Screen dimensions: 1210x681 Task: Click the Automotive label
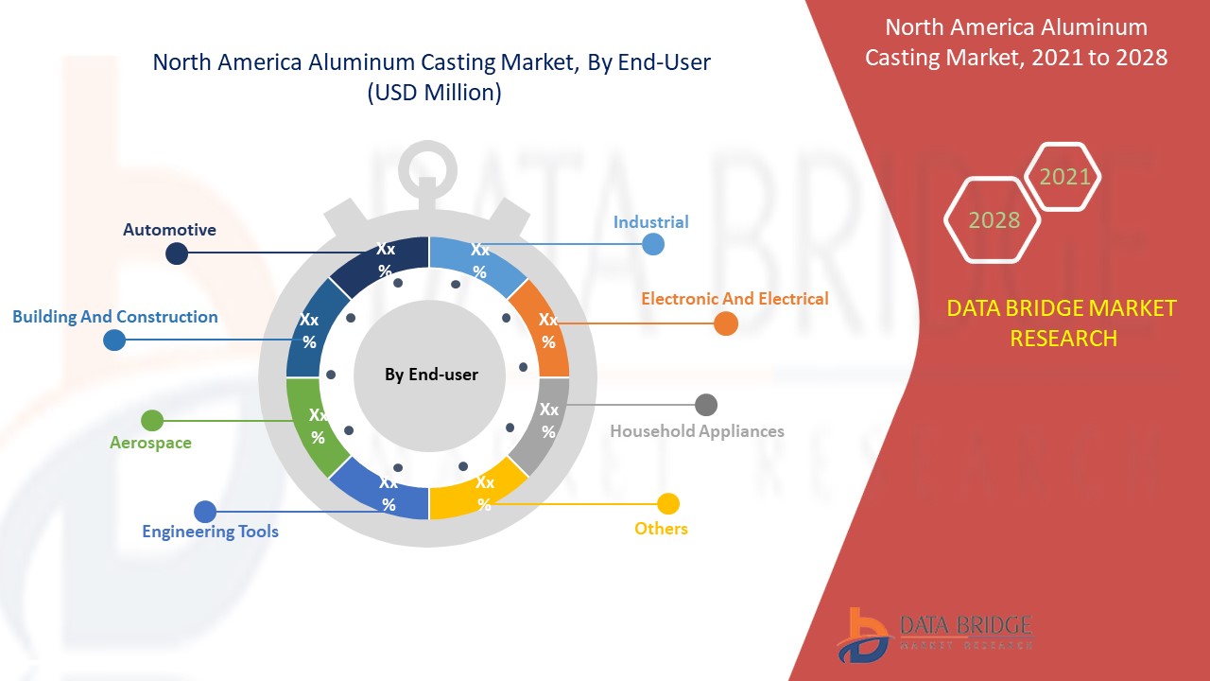pyautogui.click(x=169, y=230)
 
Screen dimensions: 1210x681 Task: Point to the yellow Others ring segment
pyautogui.click(x=475, y=492)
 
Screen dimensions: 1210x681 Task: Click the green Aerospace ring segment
pyautogui.click(x=313, y=427)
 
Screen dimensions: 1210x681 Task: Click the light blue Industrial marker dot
pyautogui.click(x=653, y=244)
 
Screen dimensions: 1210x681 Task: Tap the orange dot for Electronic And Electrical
pyautogui.click(x=725, y=323)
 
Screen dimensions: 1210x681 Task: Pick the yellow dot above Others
pyautogui.click(x=668, y=504)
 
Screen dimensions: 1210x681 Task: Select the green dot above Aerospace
pyautogui.click(x=152, y=421)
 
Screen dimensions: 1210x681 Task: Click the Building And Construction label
pyautogui.click(x=115, y=317)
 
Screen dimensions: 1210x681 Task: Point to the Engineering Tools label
pyautogui.click(x=210, y=532)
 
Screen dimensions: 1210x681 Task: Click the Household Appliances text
pyautogui.click(x=697, y=431)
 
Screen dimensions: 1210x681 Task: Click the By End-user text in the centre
pyautogui.click(x=431, y=375)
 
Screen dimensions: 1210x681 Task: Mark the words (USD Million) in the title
pyautogui.click(x=434, y=93)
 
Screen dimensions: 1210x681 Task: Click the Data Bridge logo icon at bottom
pyautogui.click(x=863, y=636)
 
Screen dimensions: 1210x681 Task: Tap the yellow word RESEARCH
pyautogui.click(x=1063, y=339)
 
